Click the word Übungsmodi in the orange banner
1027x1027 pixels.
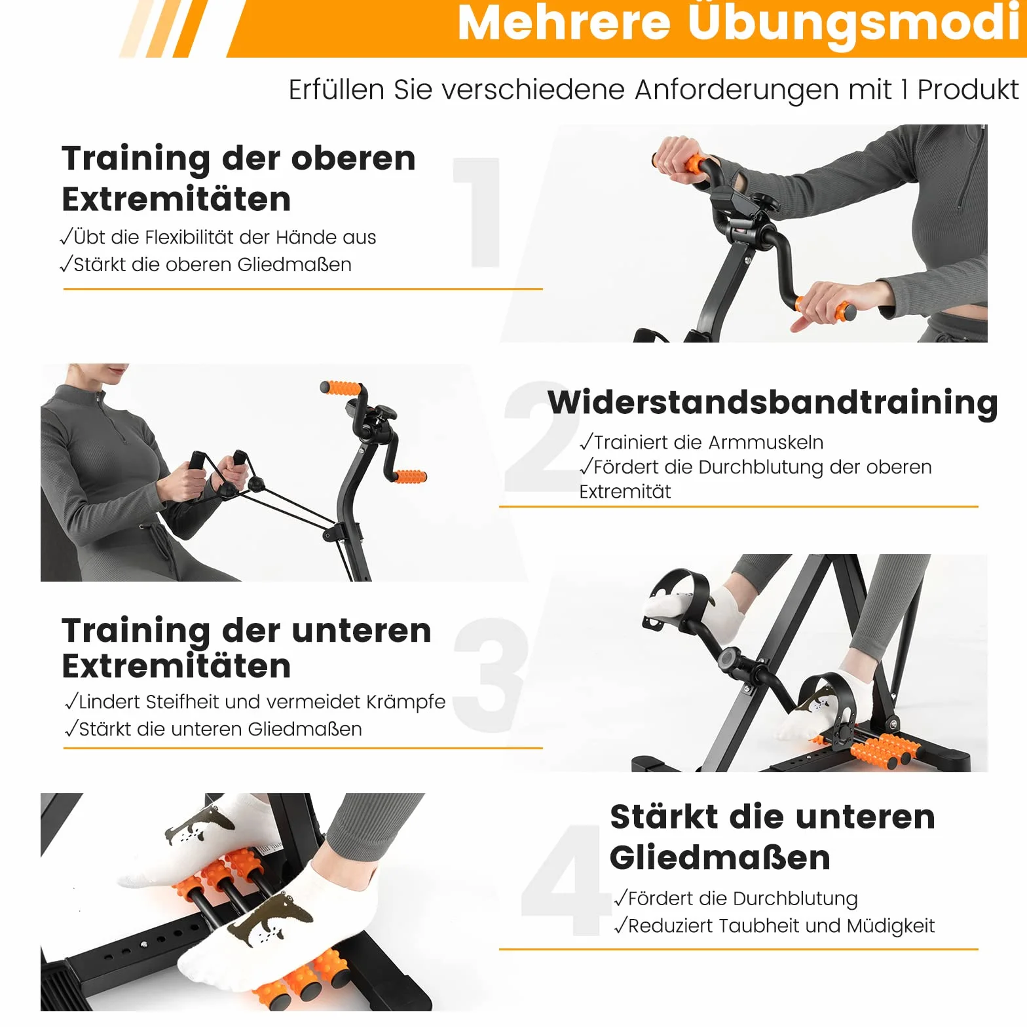pos(852,24)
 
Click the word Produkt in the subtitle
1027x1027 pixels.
pos(967,89)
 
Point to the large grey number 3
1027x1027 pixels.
pos(491,675)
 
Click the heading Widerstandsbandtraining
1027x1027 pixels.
pos(773,401)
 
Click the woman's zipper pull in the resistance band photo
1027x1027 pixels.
pos(98,398)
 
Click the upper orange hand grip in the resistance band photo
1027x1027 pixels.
pos(341,388)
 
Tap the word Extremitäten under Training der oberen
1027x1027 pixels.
pos(176,199)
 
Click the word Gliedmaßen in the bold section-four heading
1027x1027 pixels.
pos(720,857)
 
